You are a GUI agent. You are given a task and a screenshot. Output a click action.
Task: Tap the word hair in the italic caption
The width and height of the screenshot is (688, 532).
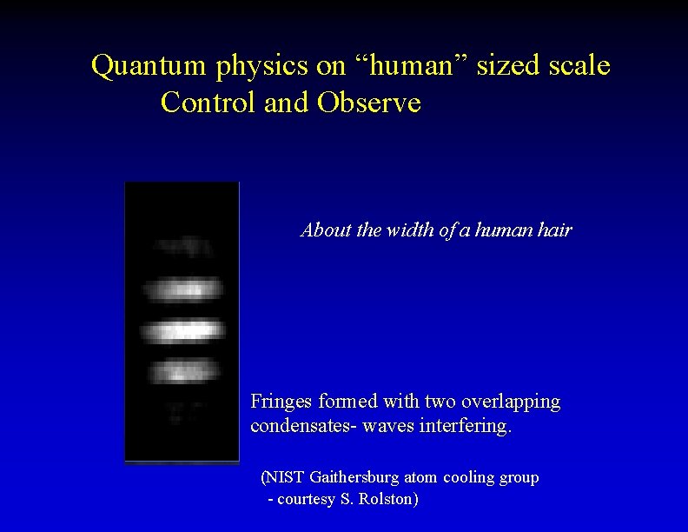(553, 231)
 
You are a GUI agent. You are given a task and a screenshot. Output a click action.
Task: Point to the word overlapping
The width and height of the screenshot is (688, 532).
(510, 403)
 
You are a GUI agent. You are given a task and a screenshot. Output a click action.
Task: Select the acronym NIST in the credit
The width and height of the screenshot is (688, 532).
(281, 477)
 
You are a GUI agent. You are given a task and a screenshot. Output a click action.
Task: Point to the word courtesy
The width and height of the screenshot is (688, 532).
(309, 501)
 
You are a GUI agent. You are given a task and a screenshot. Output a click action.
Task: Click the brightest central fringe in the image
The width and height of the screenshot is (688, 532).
(182, 331)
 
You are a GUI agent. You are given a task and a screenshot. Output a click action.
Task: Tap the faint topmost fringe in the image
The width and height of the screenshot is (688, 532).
(182, 247)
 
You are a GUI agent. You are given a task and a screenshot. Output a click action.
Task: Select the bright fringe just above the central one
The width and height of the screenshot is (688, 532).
(182, 289)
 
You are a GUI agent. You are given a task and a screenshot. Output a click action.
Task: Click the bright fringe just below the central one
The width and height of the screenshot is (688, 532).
(182, 373)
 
